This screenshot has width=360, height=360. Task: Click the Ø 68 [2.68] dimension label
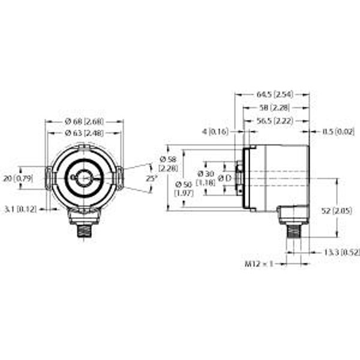pos(84,122)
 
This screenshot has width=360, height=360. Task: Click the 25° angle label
pos(152,178)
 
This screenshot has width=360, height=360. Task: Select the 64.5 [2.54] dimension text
pos(274,95)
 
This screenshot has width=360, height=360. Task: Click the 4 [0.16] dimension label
pos(217,131)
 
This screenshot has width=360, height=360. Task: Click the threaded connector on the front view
pos(84,229)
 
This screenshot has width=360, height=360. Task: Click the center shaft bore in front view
pos(85,178)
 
